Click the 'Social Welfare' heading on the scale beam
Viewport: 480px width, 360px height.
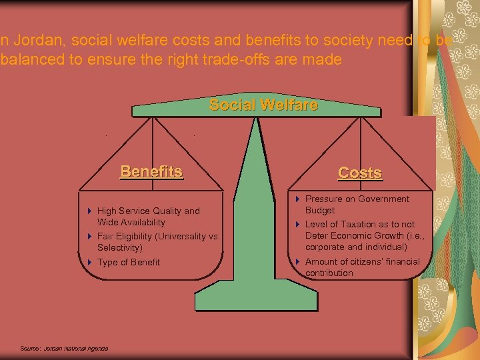tap(263, 105)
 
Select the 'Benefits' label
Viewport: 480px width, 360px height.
tap(151, 171)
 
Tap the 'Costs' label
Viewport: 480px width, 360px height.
tap(360, 173)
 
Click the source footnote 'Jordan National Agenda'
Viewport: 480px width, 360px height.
tap(75, 348)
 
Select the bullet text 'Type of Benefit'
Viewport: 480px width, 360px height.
tap(129, 262)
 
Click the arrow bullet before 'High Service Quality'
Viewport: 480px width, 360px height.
tap(90, 211)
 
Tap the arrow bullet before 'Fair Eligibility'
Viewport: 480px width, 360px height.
tap(90, 236)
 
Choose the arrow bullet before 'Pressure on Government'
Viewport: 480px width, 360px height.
tap(298, 199)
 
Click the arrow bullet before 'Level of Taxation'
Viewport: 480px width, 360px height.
tap(298, 225)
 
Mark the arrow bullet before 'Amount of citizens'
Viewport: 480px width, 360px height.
tap(298, 262)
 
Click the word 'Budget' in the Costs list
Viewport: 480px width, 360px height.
tap(320, 210)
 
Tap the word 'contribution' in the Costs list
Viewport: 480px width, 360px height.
tap(329, 273)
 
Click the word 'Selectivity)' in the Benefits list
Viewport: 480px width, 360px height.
tap(120, 247)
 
